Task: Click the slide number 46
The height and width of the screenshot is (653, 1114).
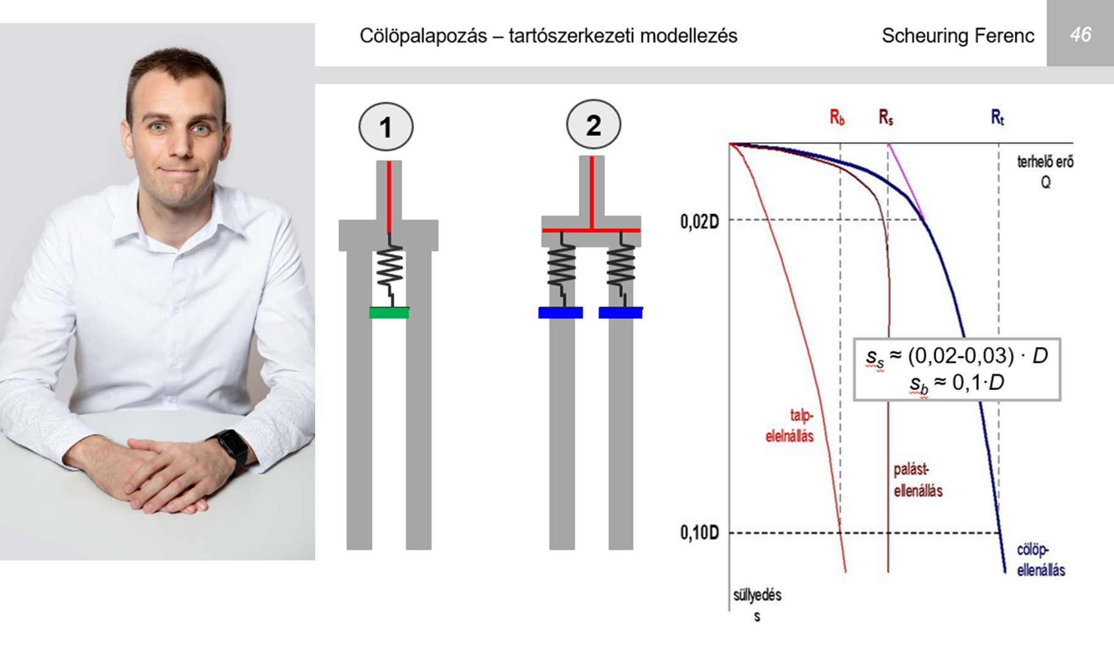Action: click(x=1080, y=34)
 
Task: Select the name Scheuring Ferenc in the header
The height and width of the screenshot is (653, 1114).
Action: click(x=958, y=36)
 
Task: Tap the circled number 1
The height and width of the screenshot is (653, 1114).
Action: click(x=386, y=127)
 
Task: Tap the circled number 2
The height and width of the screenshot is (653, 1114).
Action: click(x=593, y=124)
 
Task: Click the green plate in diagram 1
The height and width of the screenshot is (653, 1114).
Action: click(x=389, y=313)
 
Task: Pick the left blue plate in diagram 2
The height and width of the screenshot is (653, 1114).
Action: click(x=560, y=313)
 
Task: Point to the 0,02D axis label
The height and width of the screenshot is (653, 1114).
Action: click(x=699, y=222)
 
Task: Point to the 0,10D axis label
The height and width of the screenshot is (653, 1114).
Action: click(x=699, y=533)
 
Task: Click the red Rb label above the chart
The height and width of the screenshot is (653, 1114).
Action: click(x=837, y=117)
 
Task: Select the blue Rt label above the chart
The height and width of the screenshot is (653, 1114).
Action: click(x=998, y=117)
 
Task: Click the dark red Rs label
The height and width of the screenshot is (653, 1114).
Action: click(x=886, y=117)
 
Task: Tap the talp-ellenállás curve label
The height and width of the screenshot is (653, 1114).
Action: click(x=790, y=426)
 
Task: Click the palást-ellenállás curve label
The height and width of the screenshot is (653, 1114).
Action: click(x=918, y=480)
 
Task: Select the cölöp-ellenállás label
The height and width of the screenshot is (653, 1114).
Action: click(x=1041, y=560)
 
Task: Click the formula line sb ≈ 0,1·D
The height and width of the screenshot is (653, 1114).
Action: click(x=956, y=384)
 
